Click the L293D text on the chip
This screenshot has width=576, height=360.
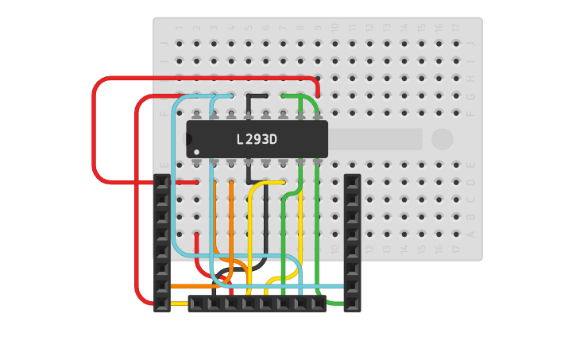[257, 140]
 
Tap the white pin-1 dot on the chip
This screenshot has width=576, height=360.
[196, 152]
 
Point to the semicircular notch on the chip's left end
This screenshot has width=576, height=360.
[188, 139]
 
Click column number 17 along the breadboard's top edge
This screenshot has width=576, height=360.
[456, 27]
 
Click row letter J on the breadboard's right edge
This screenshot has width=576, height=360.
[472, 44]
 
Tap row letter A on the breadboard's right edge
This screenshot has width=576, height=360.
[472, 234]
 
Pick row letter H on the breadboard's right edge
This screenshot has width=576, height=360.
[472, 79]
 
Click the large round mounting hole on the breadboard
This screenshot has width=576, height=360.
[443, 139]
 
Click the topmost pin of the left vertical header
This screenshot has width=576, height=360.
[162, 182]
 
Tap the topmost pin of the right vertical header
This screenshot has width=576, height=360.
[352, 182]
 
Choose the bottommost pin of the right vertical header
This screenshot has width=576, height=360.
[352, 304]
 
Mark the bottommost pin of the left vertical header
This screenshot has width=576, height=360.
[162, 304]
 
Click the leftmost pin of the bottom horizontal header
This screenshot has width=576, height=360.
[196, 304]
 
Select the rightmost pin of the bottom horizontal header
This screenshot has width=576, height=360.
[318, 304]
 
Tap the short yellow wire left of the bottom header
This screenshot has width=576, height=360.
[179, 304]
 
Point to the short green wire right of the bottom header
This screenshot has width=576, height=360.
[334, 304]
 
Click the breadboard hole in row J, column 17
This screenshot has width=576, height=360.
[456, 44]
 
